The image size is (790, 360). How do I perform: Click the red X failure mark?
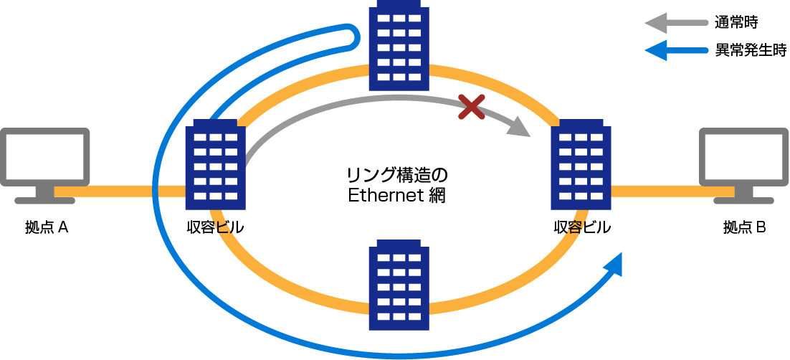click(471, 108)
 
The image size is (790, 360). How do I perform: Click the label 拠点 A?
click(46, 228)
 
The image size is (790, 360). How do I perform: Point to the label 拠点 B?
click(745, 228)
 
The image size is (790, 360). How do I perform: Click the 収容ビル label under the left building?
click(215, 228)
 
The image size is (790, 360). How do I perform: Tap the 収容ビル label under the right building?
click(582, 228)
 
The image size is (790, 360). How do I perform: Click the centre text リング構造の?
click(396, 175)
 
